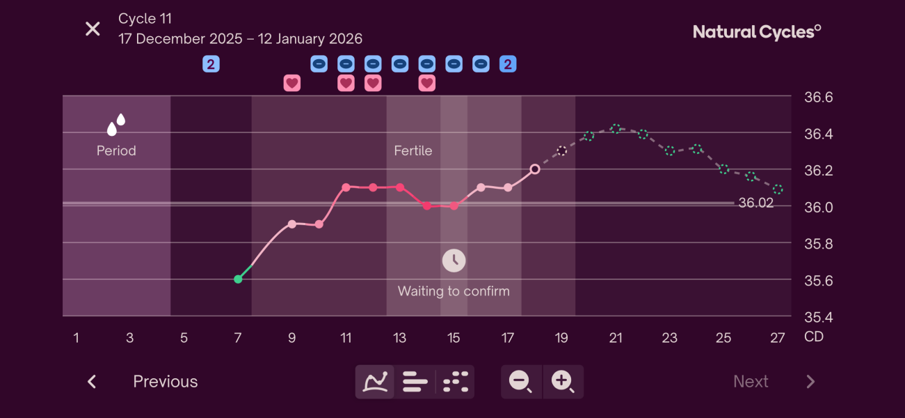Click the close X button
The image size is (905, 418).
(x=93, y=29)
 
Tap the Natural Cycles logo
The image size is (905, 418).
(x=757, y=32)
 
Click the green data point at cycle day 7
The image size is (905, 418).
(x=238, y=279)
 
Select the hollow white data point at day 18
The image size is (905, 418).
(x=535, y=169)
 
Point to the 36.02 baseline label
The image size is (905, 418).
(x=755, y=203)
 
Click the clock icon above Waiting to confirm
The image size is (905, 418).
(x=454, y=261)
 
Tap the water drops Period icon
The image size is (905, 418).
(x=116, y=125)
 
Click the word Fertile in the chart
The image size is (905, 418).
(x=413, y=150)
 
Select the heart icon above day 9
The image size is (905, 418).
(x=292, y=84)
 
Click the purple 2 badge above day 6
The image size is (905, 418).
(x=211, y=64)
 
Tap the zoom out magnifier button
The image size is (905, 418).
(x=520, y=382)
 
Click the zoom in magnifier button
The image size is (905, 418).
(x=562, y=382)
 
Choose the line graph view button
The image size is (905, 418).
(x=375, y=382)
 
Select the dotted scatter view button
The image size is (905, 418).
(x=456, y=382)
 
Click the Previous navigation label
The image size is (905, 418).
(x=166, y=382)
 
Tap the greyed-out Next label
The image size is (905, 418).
(x=751, y=382)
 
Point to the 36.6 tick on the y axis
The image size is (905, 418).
(x=818, y=98)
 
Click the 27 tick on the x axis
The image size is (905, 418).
(x=778, y=338)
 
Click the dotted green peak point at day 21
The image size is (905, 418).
(x=616, y=129)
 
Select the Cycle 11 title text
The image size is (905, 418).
(x=145, y=19)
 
